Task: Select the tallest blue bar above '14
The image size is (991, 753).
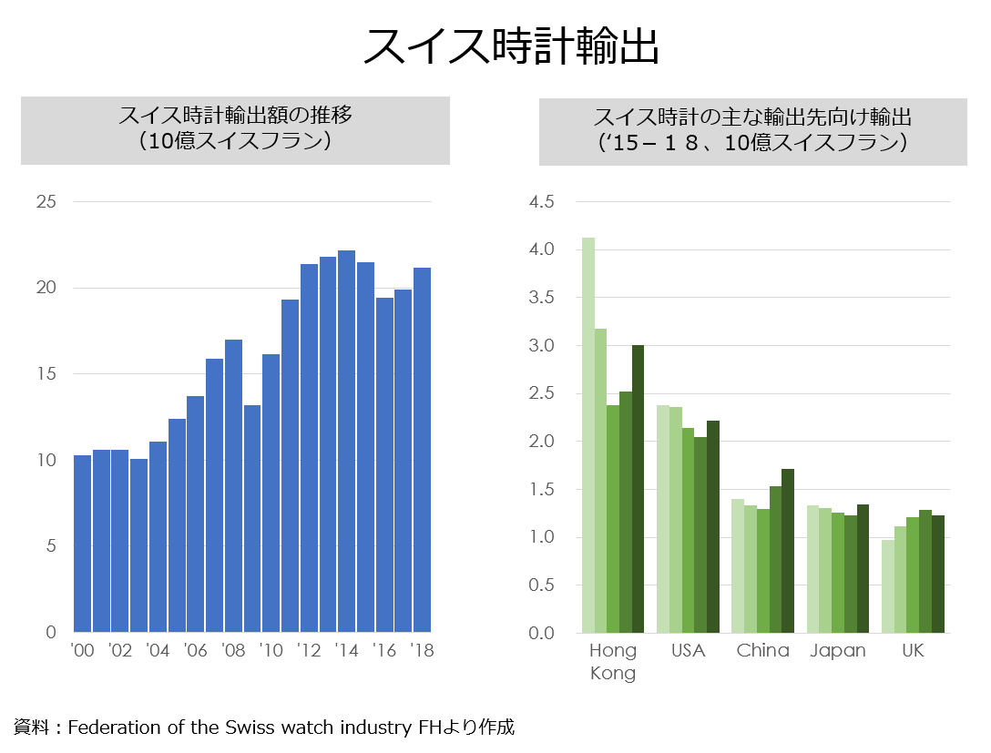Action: (346, 442)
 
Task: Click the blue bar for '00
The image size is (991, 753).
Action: (82, 544)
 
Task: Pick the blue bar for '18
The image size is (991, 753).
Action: (422, 450)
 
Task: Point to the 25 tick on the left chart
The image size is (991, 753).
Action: (46, 202)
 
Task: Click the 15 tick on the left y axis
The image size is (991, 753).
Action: (46, 374)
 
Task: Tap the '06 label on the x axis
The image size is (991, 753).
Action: (195, 651)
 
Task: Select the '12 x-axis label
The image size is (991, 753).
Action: (308, 651)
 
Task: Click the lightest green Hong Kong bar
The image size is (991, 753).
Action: (588, 435)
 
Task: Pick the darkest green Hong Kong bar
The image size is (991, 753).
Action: (638, 489)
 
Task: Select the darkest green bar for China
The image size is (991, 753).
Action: (788, 551)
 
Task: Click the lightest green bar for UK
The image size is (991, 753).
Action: (887, 586)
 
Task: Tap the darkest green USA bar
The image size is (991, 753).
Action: (713, 526)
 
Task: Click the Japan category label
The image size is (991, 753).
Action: (838, 651)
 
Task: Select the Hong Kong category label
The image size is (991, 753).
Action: (613, 662)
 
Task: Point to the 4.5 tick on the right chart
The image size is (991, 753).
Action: (541, 202)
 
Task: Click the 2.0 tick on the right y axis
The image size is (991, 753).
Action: (541, 442)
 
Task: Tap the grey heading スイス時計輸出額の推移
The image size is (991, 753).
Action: (235, 117)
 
